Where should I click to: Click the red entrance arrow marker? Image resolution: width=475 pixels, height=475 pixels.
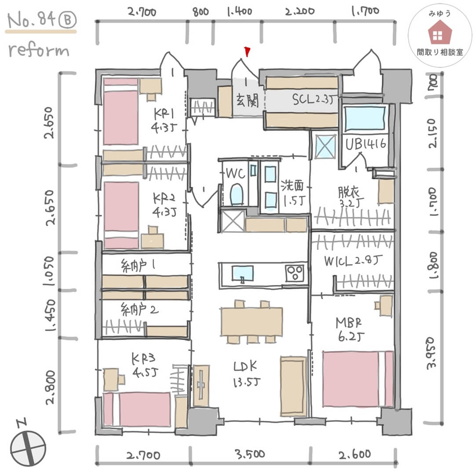click(248, 52)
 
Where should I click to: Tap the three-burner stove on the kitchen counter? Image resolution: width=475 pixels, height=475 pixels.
click(295, 273)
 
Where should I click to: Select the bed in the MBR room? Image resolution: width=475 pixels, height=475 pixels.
click(358, 379)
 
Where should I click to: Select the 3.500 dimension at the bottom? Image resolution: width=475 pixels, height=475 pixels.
click(249, 454)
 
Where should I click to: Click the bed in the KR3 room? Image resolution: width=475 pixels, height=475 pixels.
click(137, 409)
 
